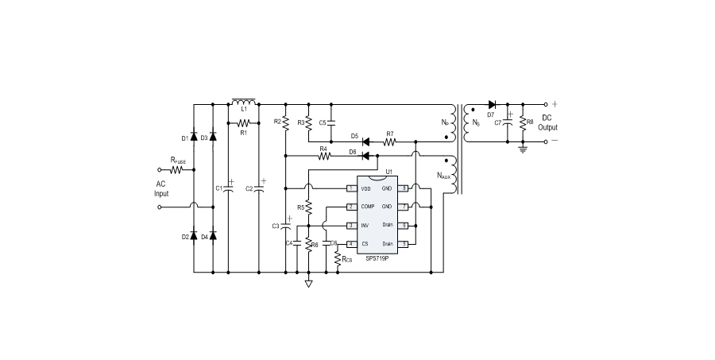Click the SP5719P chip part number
[377, 259]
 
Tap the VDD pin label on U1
[365, 188]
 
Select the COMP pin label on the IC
[367, 207]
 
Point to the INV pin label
[365, 225]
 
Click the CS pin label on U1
[364, 243]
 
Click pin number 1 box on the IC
[350, 188]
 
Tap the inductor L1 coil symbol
[244, 103]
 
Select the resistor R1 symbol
[244, 123]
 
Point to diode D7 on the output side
[492, 104]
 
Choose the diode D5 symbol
[366, 142]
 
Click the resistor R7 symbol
[390, 142]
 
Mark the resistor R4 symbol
[323, 157]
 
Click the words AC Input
[162, 188]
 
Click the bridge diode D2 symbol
[193, 237]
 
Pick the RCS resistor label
[348, 260]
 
